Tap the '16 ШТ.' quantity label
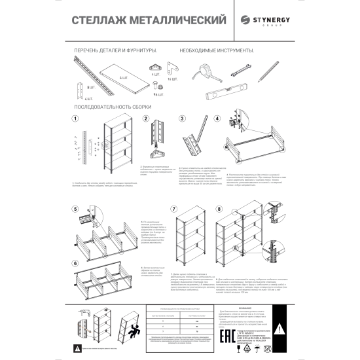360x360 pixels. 173,80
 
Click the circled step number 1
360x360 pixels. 75,118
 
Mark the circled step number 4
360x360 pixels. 217,118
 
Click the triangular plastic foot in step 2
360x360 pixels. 156,153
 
